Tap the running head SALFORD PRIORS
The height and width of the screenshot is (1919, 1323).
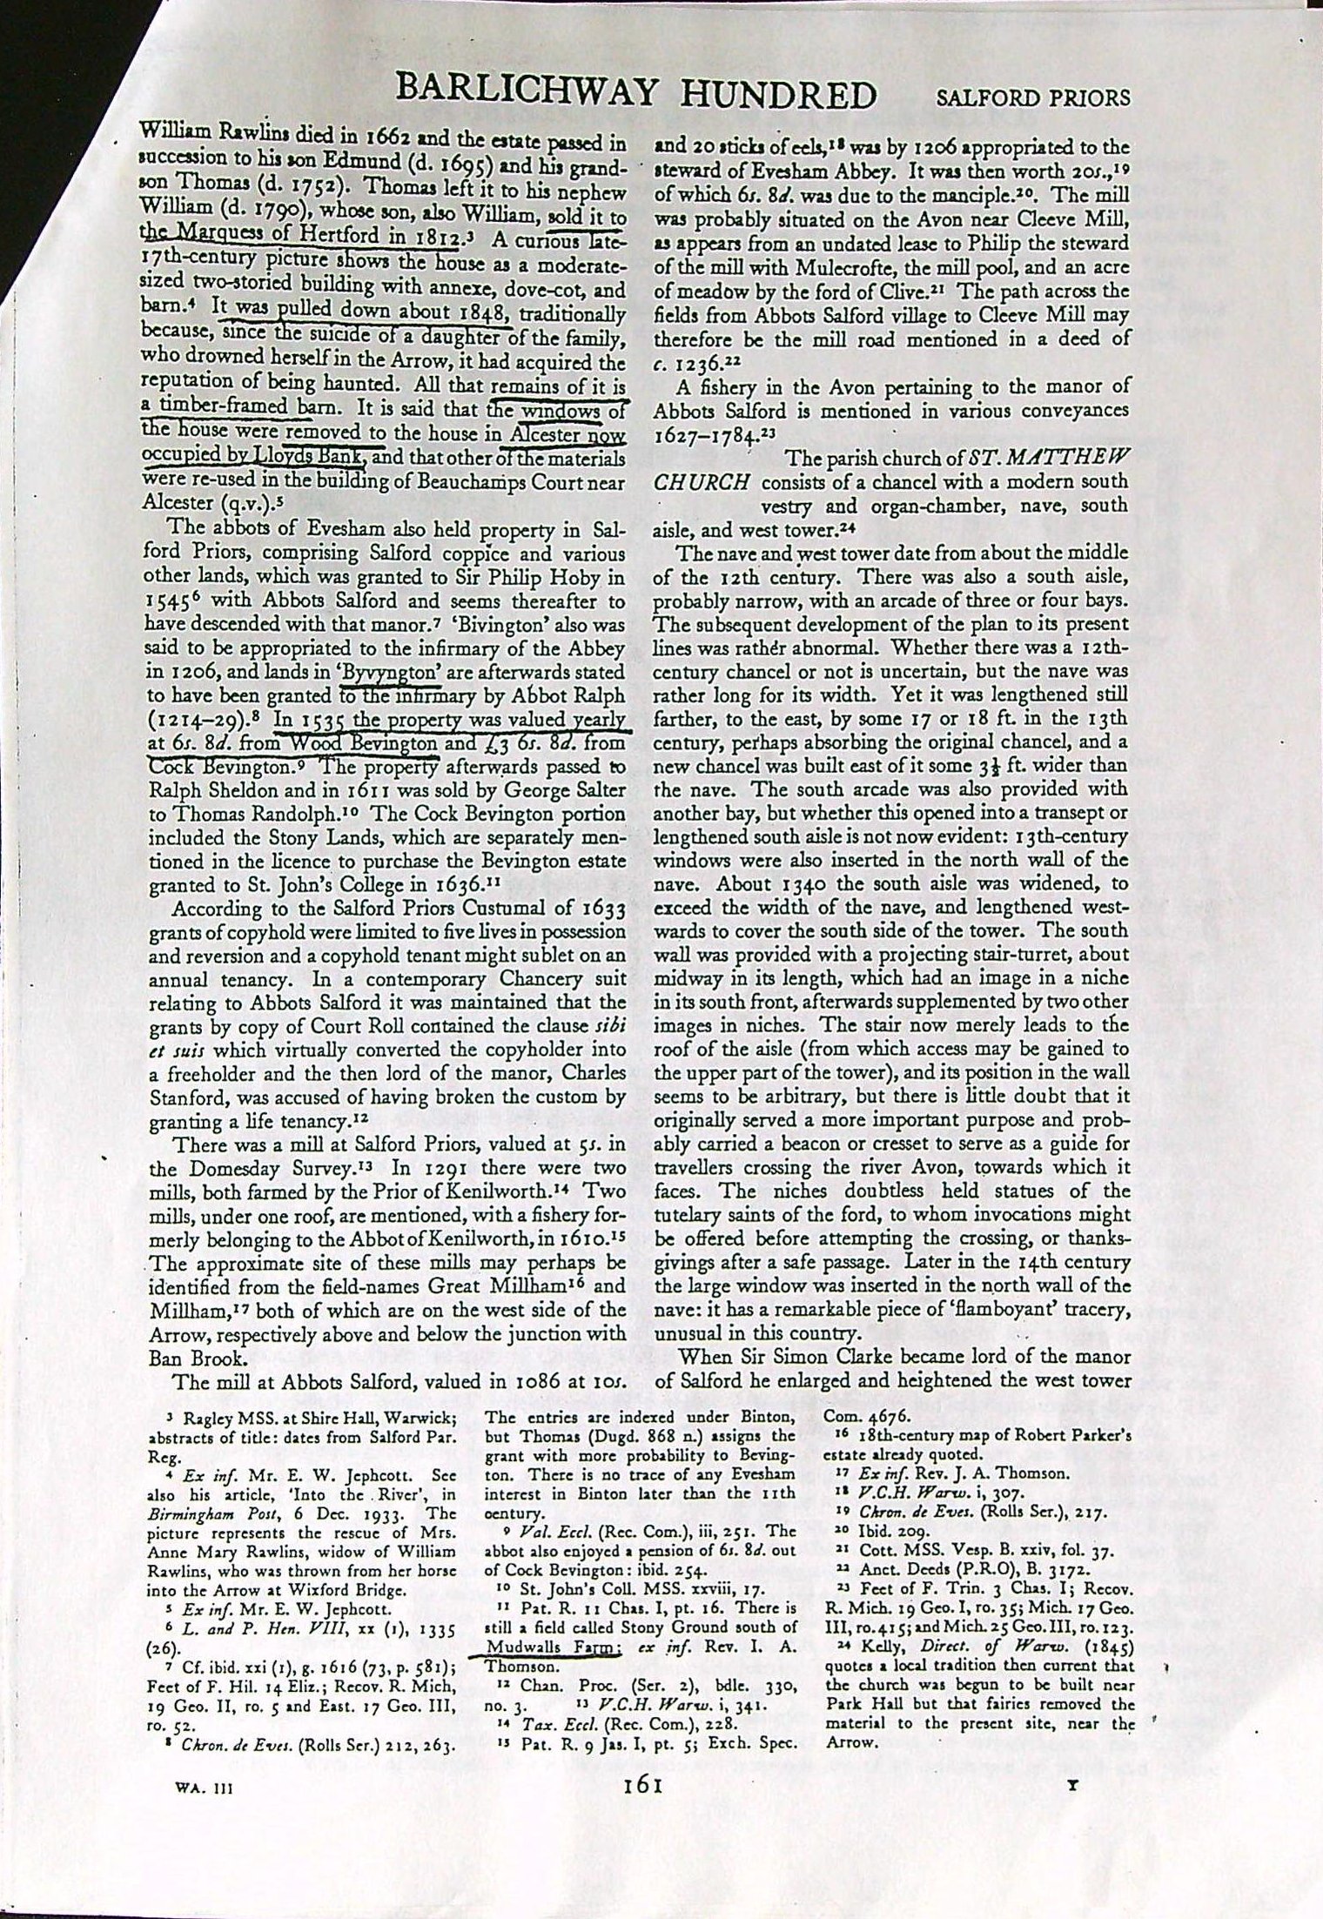(1032, 97)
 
